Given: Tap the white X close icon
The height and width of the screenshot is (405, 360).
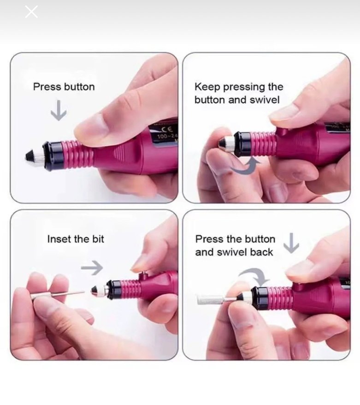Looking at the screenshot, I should pyautogui.click(x=31, y=12).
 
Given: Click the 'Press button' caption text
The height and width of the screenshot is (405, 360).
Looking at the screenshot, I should pyautogui.click(x=64, y=87).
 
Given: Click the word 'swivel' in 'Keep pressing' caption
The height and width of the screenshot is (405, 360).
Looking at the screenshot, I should pyautogui.click(x=264, y=100).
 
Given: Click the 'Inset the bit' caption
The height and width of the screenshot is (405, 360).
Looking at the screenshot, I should pyautogui.click(x=76, y=239).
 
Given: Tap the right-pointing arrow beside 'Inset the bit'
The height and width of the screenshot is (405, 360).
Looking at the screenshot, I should pyautogui.click(x=92, y=267).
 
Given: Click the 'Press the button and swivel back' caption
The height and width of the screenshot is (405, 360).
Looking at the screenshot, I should pyautogui.click(x=235, y=245).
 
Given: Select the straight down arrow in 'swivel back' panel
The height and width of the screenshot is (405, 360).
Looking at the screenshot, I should pyautogui.click(x=291, y=243).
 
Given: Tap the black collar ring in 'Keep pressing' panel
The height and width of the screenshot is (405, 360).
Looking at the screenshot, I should pyautogui.click(x=242, y=143).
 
